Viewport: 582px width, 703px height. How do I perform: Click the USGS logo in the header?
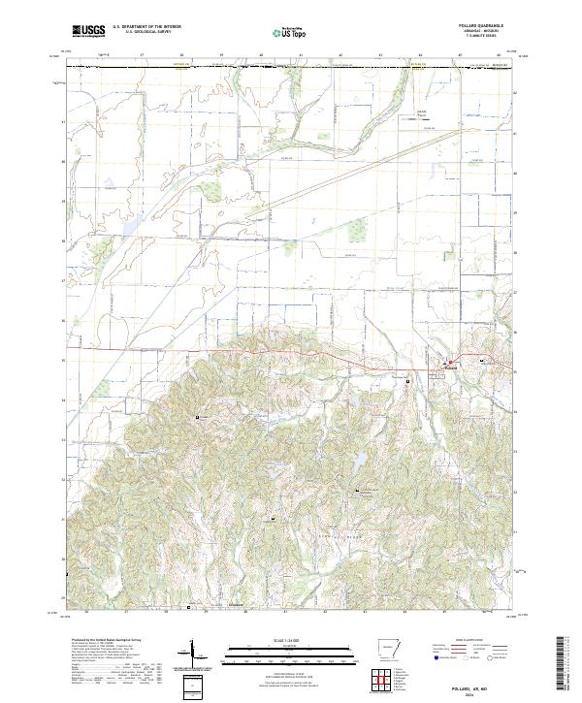(x=87, y=31)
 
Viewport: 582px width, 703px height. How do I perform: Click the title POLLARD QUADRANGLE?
(x=488, y=26)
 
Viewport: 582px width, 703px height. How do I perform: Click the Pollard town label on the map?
(x=449, y=368)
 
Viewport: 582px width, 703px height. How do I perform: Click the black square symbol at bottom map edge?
(x=188, y=608)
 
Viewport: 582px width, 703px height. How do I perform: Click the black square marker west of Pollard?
(x=408, y=381)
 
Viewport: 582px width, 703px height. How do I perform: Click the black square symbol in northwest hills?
(x=199, y=417)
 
